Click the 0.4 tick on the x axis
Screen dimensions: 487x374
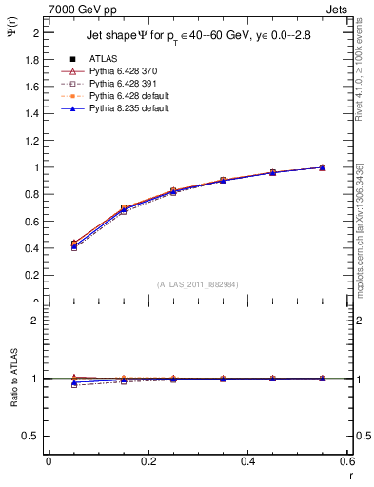pyautogui.click(x=248, y=461)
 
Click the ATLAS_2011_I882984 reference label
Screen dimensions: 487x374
pyautogui.click(x=198, y=284)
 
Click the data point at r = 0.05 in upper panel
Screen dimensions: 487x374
pyautogui.click(x=74, y=245)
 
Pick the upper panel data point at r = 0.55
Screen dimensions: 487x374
pyautogui.click(x=323, y=167)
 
